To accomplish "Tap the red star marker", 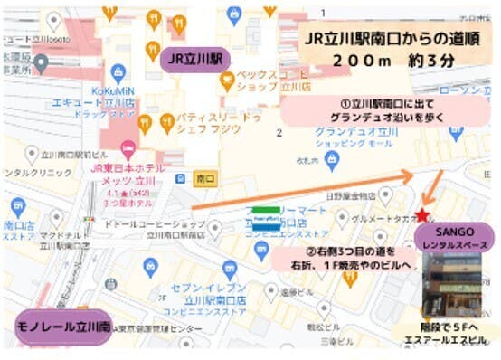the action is (422, 215).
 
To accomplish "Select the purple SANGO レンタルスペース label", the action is (455, 238).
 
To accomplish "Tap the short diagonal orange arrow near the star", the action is (434, 191).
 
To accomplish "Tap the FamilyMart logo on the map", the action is (265, 218).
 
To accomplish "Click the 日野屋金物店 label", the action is (352, 196).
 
